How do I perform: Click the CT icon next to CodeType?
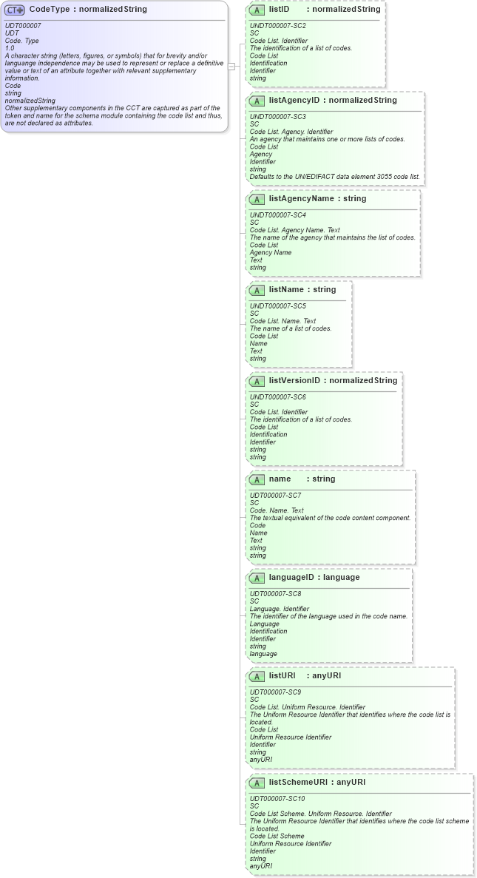pos(15,10)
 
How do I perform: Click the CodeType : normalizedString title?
pos(87,10)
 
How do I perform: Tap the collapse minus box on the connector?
pos(231,66)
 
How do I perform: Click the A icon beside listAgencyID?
pos(257,101)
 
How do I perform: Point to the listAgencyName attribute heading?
pos(317,199)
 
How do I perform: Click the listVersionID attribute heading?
pos(333,381)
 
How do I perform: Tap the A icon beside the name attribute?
pos(257,479)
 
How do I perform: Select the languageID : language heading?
pos(314,578)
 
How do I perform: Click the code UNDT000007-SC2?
pos(277,26)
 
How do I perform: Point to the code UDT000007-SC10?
pos(277,799)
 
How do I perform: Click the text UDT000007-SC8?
pos(275,594)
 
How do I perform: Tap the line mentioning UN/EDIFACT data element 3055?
pos(334,177)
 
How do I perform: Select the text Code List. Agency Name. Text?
pos(295,230)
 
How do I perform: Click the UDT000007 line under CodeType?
pos(23,26)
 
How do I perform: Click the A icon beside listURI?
pos(257,676)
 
